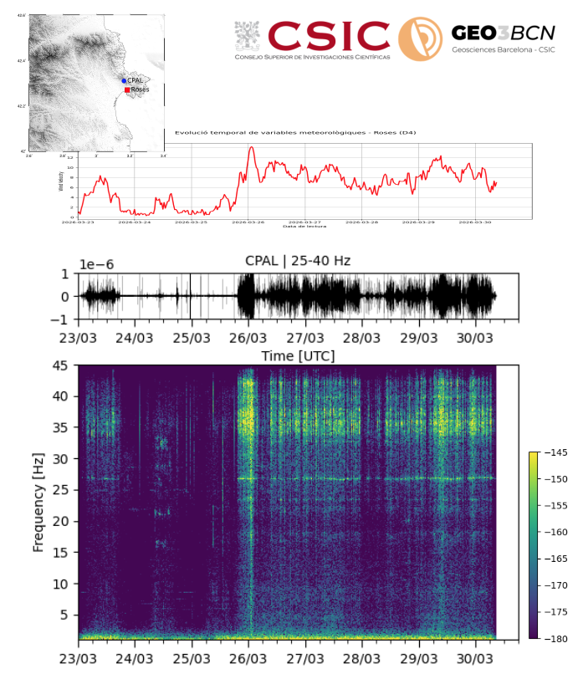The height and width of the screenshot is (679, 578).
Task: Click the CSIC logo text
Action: click(329, 35)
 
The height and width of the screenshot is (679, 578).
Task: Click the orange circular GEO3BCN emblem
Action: click(420, 39)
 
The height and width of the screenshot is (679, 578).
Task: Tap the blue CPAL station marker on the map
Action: click(124, 80)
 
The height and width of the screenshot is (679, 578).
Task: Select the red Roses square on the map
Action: click(127, 89)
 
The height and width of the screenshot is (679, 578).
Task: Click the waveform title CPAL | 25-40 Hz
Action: click(298, 261)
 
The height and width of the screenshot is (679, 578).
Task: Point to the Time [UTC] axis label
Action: click(298, 355)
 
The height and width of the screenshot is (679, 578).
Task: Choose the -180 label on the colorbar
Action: click(556, 638)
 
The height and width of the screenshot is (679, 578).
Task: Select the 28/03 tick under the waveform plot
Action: click(362, 339)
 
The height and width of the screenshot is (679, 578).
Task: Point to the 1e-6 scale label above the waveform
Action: click(97, 264)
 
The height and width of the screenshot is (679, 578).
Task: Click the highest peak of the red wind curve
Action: click(251, 147)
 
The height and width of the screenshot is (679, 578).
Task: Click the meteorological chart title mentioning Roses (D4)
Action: click(295, 132)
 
